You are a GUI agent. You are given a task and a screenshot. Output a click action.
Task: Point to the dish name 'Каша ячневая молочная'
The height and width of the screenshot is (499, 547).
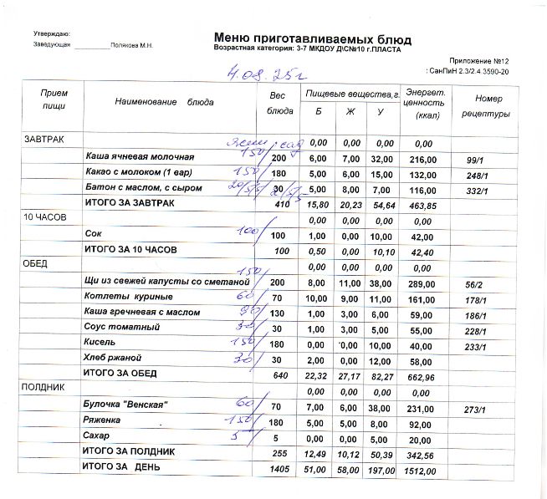[x=140, y=157]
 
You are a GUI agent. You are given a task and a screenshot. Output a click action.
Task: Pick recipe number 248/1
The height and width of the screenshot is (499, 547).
[x=476, y=176]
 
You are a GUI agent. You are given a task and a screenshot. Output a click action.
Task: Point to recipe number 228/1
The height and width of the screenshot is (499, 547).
[x=476, y=332]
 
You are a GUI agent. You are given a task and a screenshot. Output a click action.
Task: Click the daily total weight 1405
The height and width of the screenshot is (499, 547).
[x=279, y=470]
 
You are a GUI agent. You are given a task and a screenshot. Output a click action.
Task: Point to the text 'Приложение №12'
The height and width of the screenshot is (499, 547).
[x=480, y=61]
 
